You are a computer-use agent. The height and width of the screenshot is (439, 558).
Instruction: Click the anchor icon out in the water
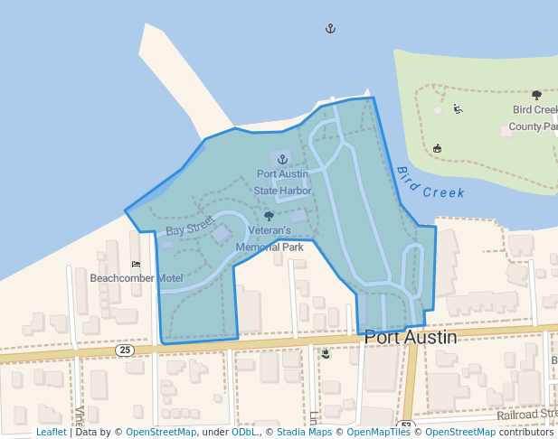(x=330, y=29)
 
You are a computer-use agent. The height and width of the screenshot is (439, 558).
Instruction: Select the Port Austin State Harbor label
(x=282, y=182)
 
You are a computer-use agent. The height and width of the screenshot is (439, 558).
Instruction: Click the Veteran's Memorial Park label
(x=270, y=238)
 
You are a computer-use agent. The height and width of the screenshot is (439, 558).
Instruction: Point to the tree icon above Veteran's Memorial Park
(x=269, y=217)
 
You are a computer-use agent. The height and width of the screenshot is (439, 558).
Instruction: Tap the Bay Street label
(x=190, y=227)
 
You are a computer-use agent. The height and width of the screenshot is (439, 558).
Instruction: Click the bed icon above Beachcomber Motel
(x=136, y=265)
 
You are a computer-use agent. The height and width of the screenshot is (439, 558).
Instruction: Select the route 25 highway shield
(x=125, y=350)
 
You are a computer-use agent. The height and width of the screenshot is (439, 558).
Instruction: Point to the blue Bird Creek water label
(x=430, y=182)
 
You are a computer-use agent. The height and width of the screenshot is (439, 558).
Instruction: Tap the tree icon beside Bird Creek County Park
(x=536, y=95)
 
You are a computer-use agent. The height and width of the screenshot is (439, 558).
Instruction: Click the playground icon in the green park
(x=459, y=110)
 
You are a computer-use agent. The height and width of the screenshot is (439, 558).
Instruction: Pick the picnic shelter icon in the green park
(x=438, y=147)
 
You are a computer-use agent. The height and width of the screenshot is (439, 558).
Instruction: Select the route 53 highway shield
(x=406, y=425)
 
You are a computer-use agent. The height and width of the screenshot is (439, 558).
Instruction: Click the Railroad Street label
(x=526, y=414)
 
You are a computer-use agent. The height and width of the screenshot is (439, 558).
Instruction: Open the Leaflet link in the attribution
(x=51, y=433)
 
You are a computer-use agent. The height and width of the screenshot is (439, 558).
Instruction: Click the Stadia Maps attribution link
(x=304, y=433)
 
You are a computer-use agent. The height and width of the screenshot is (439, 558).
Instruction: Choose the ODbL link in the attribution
(x=244, y=433)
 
